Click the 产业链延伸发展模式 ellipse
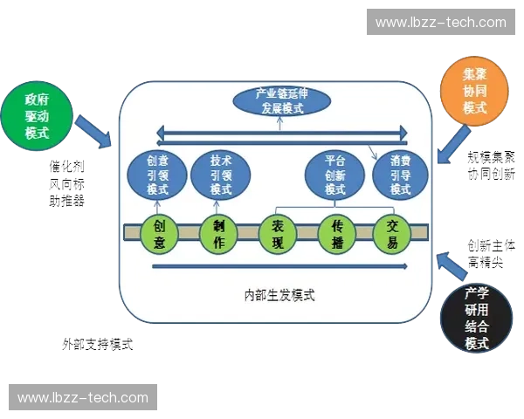click(x=281, y=102)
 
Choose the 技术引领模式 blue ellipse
click(x=222, y=175)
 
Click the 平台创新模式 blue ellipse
click(x=335, y=175)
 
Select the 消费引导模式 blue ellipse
click(x=401, y=175)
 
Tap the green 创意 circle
click(x=159, y=234)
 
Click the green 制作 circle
click(x=219, y=234)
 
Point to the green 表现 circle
click(x=279, y=234)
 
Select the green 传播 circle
click(x=337, y=234)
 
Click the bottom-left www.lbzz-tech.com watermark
click(x=83, y=398)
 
